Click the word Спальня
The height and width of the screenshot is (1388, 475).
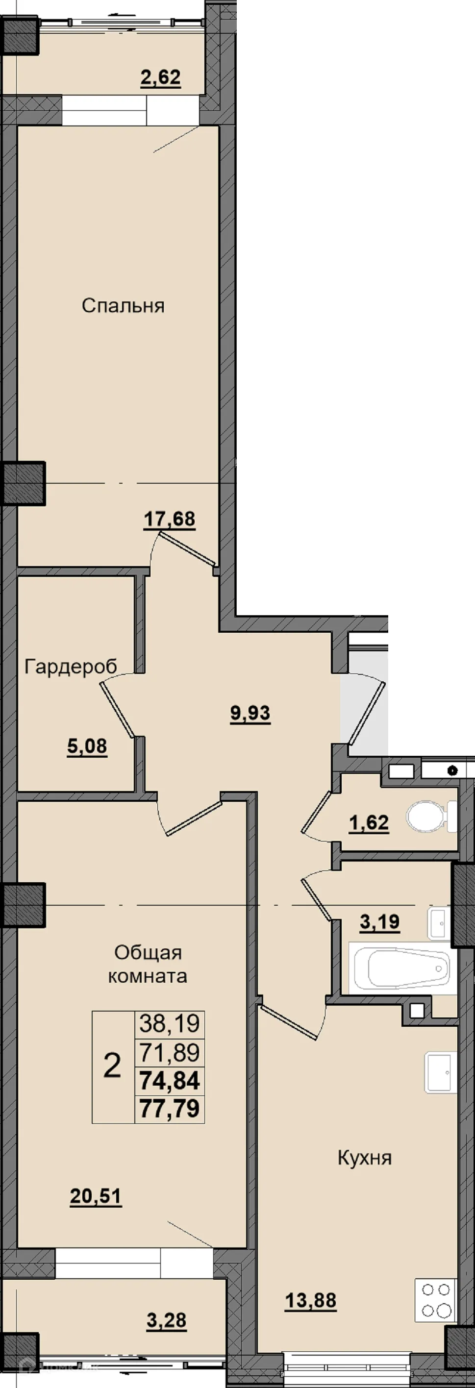tap(123, 306)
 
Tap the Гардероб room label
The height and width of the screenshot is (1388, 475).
tap(71, 667)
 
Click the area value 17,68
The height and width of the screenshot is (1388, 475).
tap(169, 520)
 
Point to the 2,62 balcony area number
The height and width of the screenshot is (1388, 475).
tap(161, 77)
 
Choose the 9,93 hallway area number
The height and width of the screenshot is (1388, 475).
tap(250, 714)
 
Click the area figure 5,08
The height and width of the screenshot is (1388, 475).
tap(87, 747)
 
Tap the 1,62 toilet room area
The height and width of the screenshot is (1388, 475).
tap(369, 823)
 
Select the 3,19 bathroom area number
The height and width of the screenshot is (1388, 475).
tap(379, 922)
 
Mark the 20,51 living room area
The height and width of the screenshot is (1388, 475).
tap(96, 1197)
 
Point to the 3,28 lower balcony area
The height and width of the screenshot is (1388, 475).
tap(167, 1321)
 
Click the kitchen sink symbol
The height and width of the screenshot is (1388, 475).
tap(441, 1072)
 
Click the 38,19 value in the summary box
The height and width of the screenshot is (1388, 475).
tap(169, 1023)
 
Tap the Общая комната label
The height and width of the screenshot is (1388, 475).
tap(148, 965)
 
